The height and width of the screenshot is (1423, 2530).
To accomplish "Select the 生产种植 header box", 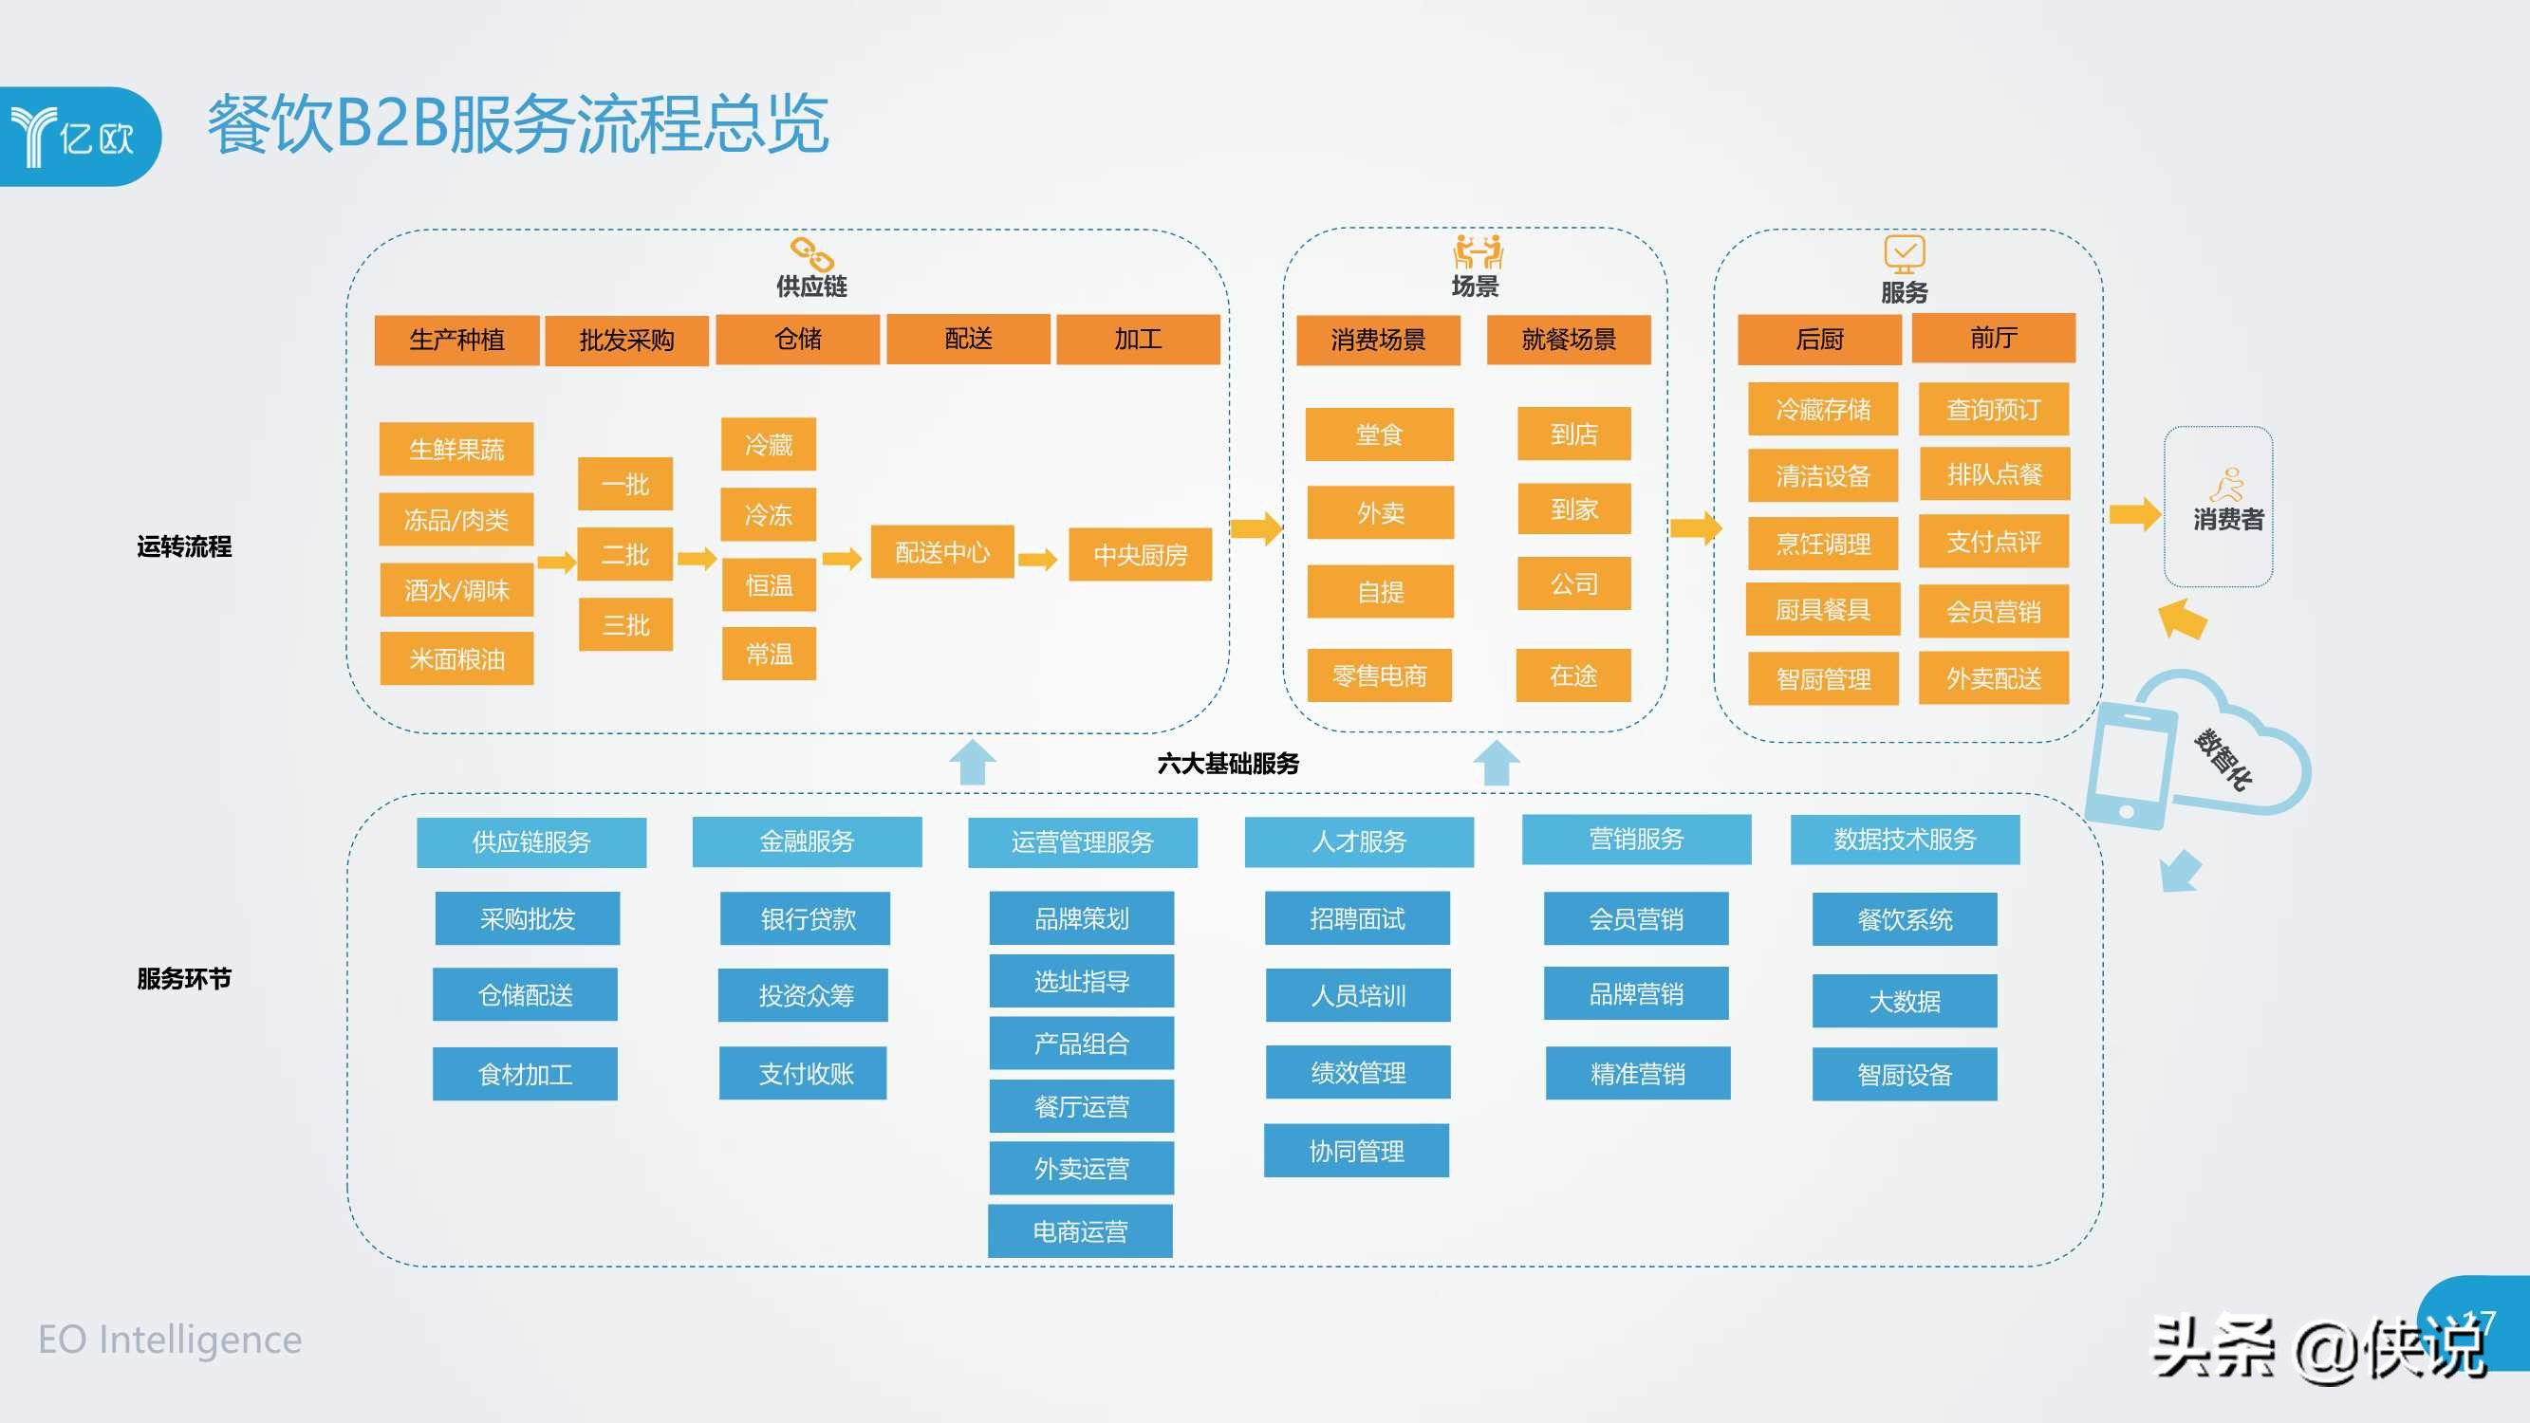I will coord(456,340).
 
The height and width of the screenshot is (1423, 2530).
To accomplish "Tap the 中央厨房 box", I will coord(1140,555).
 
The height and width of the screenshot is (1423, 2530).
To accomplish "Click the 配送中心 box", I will coord(942,552).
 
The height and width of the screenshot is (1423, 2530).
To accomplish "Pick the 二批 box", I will coord(624,555).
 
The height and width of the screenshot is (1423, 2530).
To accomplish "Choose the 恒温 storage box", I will coord(768,585).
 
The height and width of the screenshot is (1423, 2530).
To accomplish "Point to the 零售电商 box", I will coord(1379,675).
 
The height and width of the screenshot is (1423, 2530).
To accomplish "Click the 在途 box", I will coord(1572,675).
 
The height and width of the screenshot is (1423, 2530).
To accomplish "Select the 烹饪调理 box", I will coord(1822,543).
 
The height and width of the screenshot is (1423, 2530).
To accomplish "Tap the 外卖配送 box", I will coord(1993,678).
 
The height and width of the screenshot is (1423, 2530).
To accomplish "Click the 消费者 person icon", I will coord(2225,484).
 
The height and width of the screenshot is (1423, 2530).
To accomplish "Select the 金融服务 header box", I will coord(807,841).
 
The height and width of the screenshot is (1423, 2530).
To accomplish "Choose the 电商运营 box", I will coord(1079,1231).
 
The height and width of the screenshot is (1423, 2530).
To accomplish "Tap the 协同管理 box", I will coord(1355,1151).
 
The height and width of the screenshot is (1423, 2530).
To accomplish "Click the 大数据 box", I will coord(1904,1001).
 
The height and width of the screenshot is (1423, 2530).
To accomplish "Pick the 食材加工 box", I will coord(525,1075).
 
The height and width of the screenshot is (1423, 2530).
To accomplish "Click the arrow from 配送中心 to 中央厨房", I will coord(1037,560).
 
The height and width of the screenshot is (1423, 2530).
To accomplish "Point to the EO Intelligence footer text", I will coord(170,1340).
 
